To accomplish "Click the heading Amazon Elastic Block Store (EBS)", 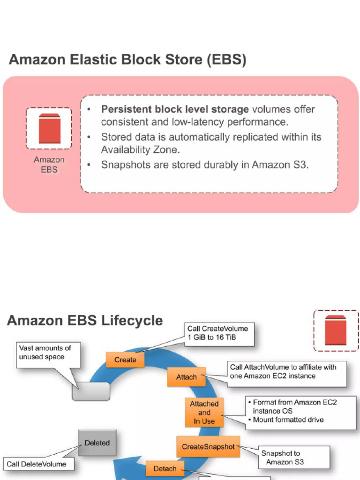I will (x=127, y=60).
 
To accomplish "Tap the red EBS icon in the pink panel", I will (x=49, y=128).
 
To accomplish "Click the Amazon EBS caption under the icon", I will (x=49, y=165).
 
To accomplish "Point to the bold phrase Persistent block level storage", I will (x=175, y=110).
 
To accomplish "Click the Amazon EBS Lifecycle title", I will (x=85, y=321).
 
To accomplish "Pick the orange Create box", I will (x=125, y=360).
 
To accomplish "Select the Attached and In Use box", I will (x=204, y=412).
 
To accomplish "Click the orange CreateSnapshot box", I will (x=208, y=447).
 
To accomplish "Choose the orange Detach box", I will (x=165, y=468).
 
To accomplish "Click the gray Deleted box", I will (x=97, y=443).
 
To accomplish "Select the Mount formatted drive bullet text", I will (x=288, y=420).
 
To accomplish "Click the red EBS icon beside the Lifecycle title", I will (x=335, y=330).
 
